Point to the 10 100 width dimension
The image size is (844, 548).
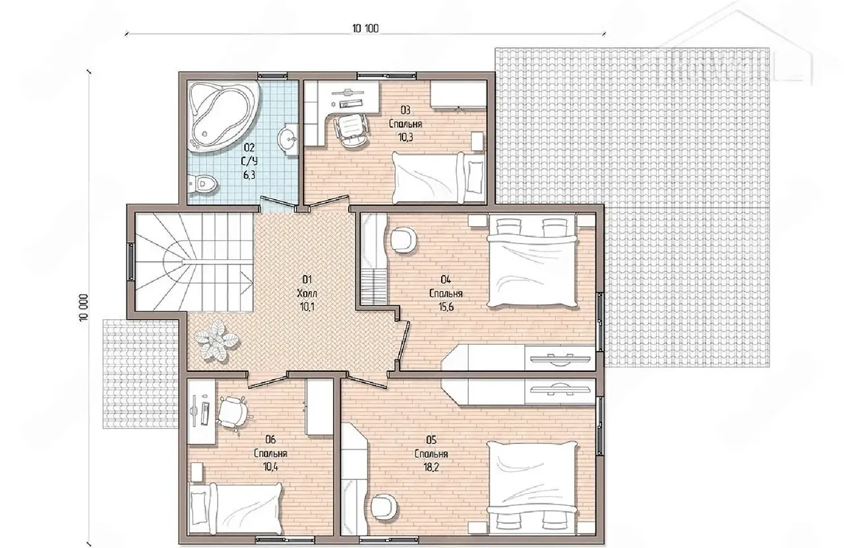coord(365,28)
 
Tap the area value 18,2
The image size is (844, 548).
coord(431,468)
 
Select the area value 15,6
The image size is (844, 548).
coord(446,307)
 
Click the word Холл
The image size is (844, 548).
coord(307,293)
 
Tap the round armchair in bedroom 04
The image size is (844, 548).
coord(403,239)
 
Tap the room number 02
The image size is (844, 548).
coord(249,147)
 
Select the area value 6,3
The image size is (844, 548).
coord(249,175)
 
